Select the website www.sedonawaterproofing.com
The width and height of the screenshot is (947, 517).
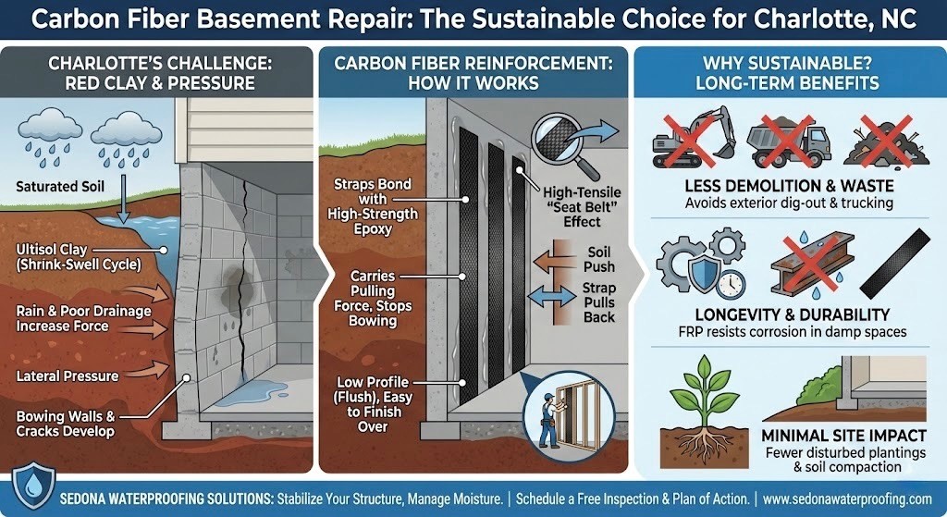point(847,499)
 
